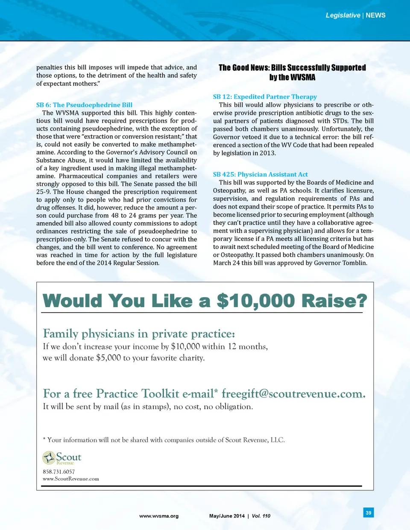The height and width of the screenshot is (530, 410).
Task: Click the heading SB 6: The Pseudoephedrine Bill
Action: click(84, 105)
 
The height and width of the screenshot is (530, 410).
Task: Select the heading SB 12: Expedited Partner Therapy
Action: click(265, 97)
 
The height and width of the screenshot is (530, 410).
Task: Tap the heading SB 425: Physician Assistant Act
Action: click(260, 174)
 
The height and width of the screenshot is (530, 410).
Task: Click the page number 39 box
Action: click(368, 513)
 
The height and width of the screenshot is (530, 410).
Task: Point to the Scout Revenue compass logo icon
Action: click(49, 458)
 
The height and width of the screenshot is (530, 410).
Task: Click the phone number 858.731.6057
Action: click(59, 472)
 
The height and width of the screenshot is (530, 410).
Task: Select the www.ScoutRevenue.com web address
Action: click(70, 479)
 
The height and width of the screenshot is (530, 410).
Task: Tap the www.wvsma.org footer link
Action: click(159, 516)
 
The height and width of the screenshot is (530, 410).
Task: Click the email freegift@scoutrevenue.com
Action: click(293, 394)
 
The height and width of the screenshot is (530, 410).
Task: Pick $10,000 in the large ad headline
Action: click(255, 301)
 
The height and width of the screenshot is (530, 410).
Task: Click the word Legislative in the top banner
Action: click(343, 15)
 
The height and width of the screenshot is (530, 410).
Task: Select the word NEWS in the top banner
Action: click(375, 15)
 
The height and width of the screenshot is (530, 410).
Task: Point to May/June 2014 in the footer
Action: click(227, 516)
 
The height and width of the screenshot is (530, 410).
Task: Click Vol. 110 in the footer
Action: click(261, 516)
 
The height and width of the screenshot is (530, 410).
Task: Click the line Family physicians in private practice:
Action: click(139, 333)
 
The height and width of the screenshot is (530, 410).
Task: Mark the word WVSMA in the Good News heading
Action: click(303, 77)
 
